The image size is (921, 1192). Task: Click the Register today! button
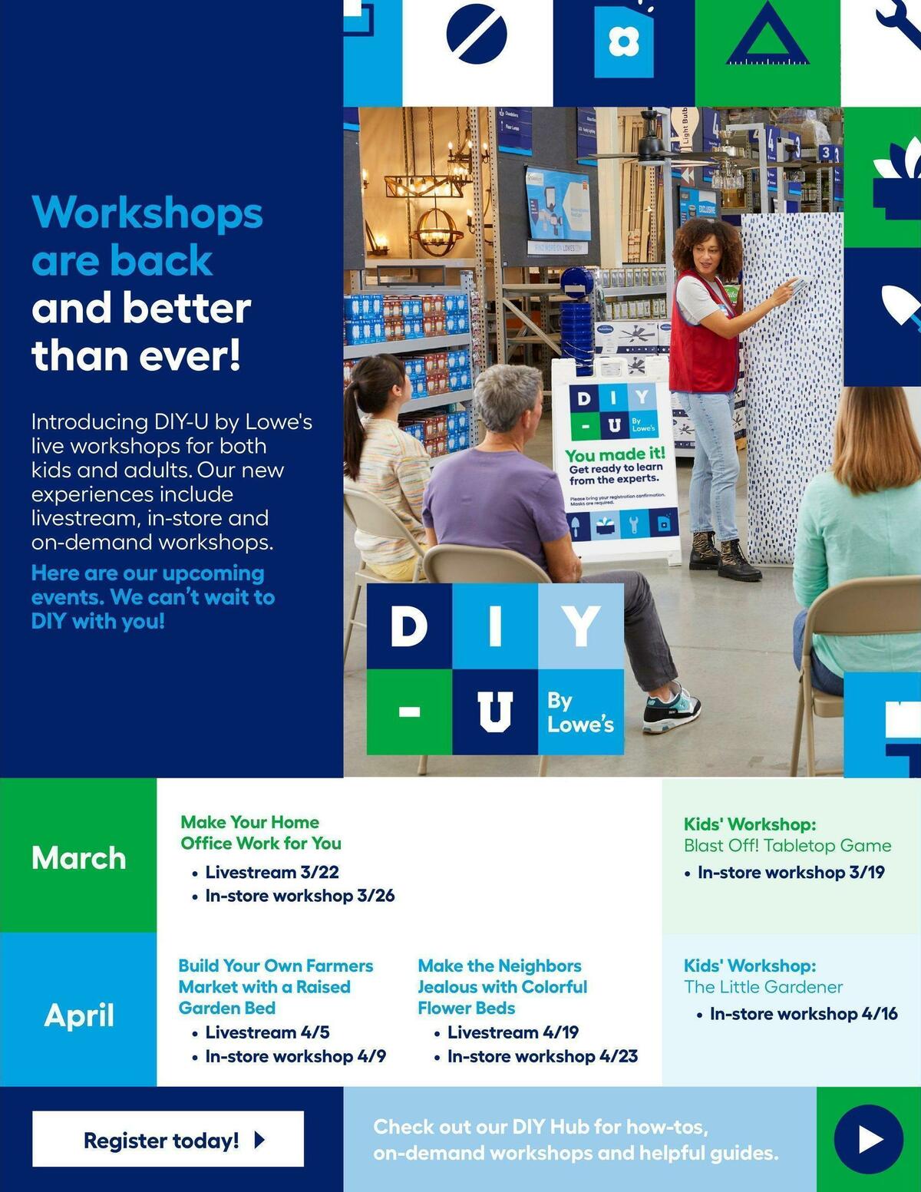167,1139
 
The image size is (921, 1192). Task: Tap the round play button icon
869,1139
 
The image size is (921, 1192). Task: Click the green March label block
78,857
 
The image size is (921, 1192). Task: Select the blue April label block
78,1015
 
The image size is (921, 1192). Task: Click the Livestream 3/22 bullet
272,872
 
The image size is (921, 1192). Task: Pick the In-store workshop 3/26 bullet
299,896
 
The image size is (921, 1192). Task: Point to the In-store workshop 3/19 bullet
791,872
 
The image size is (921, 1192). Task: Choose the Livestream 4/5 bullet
267,1032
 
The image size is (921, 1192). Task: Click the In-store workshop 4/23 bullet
542,1056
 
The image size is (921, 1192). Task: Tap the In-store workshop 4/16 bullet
803,1014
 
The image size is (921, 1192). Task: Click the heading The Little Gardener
763,987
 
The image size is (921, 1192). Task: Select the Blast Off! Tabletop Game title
787,846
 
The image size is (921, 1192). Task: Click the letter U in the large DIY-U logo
494,712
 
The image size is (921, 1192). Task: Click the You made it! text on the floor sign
615,454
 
